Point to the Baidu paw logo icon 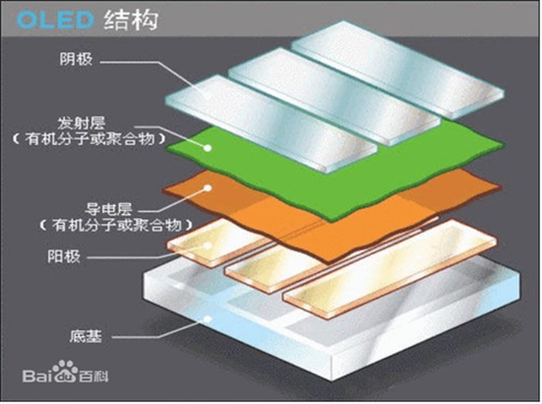tap(65, 372)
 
